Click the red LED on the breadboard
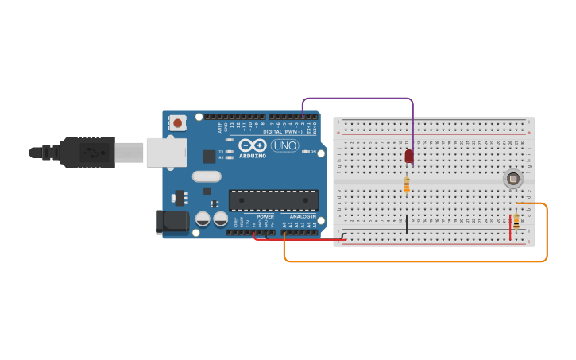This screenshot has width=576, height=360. click(409, 156)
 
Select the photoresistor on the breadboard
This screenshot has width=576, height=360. click(512, 180)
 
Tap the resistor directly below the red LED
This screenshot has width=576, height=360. click(407, 184)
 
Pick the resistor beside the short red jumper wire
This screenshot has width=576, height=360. click(517, 221)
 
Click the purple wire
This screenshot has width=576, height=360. click(358, 99)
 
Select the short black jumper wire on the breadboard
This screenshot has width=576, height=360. click(407, 223)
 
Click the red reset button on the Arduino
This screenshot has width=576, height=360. click(176, 123)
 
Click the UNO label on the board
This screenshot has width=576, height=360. click(284, 145)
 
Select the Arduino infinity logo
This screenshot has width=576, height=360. click(252, 145)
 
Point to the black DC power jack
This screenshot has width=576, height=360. click(174, 223)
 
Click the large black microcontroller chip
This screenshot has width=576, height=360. click(273, 201)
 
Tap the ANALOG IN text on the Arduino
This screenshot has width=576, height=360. click(301, 216)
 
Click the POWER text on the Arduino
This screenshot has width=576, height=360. click(265, 216)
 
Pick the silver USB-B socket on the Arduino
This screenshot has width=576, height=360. click(166, 153)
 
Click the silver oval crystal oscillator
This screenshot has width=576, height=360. click(206, 176)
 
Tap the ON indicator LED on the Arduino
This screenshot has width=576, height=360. click(305, 151)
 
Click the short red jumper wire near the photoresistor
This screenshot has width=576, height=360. click(510, 226)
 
